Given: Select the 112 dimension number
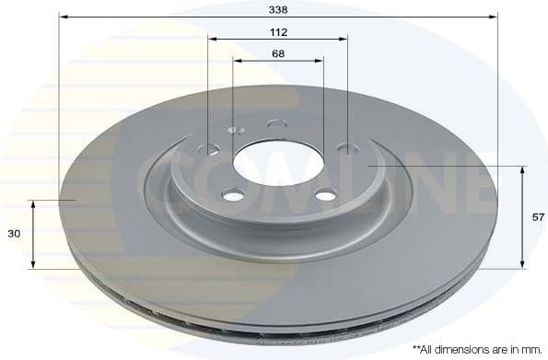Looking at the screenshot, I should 278,32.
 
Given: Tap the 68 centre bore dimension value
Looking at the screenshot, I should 278,53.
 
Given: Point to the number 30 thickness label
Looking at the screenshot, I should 14,235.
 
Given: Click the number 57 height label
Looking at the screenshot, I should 539,217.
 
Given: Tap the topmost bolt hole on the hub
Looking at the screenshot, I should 274,123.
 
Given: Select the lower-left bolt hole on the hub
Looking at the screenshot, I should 233,195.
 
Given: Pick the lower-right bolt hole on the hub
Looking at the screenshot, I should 325,194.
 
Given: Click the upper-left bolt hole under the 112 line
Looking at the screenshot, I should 212,148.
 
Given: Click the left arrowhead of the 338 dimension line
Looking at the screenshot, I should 63,17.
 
